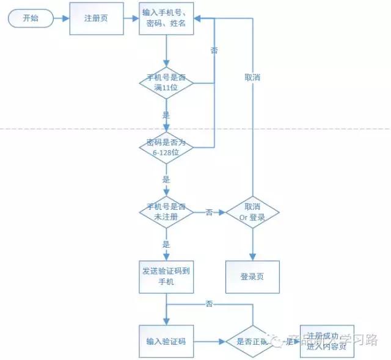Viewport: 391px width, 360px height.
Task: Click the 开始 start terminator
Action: point(30,18)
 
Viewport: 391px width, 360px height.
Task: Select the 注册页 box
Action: point(96,18)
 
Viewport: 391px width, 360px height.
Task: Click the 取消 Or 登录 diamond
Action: point(252,212)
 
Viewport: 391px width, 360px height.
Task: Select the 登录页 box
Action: point(252,276)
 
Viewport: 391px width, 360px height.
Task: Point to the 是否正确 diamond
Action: point(252,341)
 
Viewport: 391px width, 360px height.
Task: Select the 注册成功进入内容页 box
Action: point(327,341)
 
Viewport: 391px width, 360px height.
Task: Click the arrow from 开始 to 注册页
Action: point(61,18)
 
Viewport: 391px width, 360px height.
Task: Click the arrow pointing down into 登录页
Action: point(252,244)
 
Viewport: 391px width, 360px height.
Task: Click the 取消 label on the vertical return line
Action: point(252,77)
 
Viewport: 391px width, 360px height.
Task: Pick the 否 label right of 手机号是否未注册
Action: point(209,212)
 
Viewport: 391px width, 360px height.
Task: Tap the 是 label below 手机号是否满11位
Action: point(166,115)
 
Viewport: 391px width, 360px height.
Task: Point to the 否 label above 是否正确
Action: point(209,303)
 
